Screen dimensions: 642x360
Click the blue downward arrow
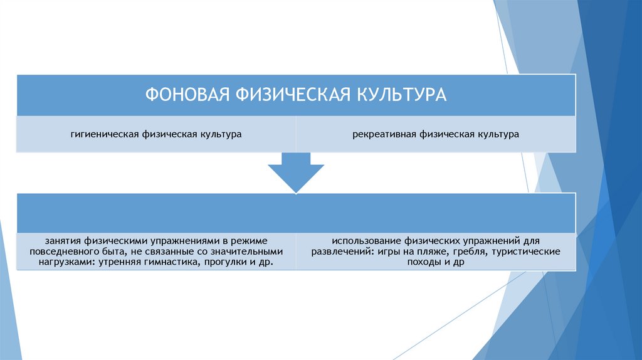pos(296,176)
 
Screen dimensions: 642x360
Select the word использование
pos(367,240)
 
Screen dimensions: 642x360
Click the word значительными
pos(250,251)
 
